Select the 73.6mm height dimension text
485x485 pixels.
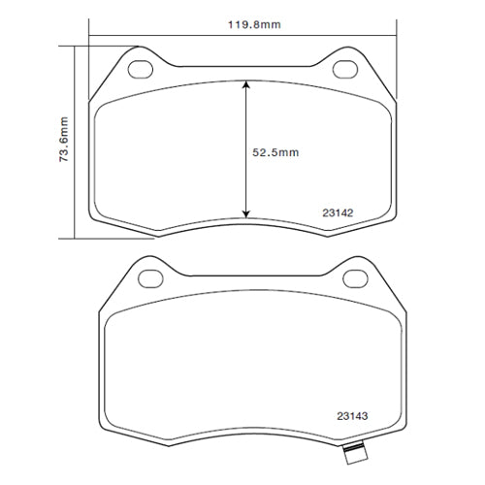point(63,141)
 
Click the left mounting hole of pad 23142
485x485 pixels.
point(141,69)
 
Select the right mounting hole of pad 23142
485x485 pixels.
point(344,69)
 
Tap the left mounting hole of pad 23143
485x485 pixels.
point(150,278)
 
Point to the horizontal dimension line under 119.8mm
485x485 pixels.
point(194,36)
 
